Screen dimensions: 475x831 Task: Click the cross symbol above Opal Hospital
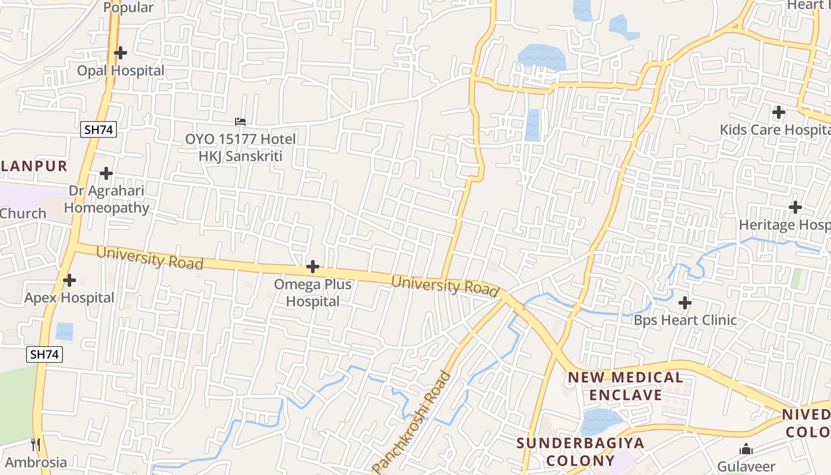120,53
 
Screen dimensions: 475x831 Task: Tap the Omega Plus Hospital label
313,293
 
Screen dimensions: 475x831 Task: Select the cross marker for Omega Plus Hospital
313,267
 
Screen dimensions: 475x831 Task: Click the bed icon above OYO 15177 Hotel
240,121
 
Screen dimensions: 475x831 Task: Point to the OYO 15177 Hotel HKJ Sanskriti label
240,148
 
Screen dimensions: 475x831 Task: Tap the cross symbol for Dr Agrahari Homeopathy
106,173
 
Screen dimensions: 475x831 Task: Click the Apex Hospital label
69,297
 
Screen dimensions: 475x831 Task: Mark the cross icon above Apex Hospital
69,280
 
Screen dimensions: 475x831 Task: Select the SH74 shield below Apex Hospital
45,354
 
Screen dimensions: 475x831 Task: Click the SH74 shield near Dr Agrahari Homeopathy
99,130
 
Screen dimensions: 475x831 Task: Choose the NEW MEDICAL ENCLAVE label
625,386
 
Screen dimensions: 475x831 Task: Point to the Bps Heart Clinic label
685,320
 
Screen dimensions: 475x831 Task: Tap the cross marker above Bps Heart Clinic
685,303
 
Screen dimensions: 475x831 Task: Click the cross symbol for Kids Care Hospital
778,112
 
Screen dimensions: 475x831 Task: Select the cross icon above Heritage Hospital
795,207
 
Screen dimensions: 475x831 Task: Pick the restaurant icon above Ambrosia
36,444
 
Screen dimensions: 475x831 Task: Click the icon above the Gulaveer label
746,449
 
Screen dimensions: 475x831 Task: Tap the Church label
23,213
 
